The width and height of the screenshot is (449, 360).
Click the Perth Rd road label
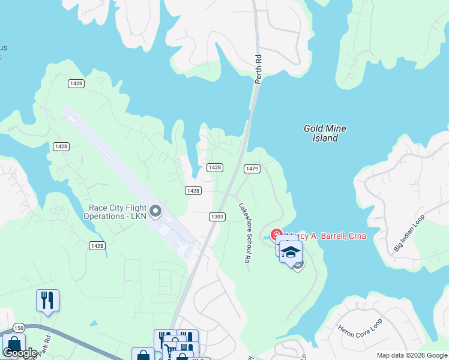point(259,69)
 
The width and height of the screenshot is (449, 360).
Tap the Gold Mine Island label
point(325,133)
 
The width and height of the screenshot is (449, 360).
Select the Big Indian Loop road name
point(409,232)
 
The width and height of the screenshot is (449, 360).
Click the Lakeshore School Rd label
point(244,233)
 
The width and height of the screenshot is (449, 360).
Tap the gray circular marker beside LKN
point(155,211)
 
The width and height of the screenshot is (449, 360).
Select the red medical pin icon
point(276,234)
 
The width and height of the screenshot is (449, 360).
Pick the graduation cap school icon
point(291,251)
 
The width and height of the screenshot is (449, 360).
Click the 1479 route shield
point(252,169)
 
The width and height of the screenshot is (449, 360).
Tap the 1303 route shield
point(217,217)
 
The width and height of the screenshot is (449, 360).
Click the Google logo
point(20,353)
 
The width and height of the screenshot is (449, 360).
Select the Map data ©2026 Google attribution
point(412,355)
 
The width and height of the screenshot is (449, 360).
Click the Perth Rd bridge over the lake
point(249,120)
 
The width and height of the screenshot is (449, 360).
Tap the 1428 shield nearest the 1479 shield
point(215,167)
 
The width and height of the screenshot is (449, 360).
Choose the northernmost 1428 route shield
point(76,83)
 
